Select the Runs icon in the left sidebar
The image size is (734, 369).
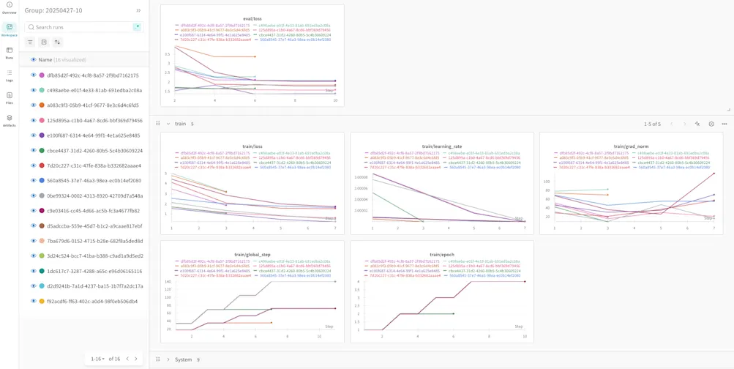point(10,52)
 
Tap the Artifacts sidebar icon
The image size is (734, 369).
point(10,119)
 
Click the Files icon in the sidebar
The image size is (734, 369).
point(10,97)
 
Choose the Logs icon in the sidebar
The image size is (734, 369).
point(10,75)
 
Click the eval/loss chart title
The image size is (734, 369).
point(252,18)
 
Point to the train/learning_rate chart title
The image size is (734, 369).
point(441,146)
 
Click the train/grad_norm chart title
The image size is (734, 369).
point(631,146)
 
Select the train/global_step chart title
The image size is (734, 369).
point(252,254)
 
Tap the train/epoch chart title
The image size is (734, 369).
point(441,254)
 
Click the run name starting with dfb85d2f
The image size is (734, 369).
point(93,75)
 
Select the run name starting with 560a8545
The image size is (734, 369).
point(94,181)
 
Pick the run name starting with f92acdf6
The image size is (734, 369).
point(92,301)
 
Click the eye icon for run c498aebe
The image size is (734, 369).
point(33,91)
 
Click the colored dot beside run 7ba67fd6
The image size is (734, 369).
point(42,241)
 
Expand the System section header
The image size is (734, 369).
point(183,359)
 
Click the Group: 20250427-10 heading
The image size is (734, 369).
point(53,11)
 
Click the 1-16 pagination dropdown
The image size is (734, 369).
point(97,359)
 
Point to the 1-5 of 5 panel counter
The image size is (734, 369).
point(652,124)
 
